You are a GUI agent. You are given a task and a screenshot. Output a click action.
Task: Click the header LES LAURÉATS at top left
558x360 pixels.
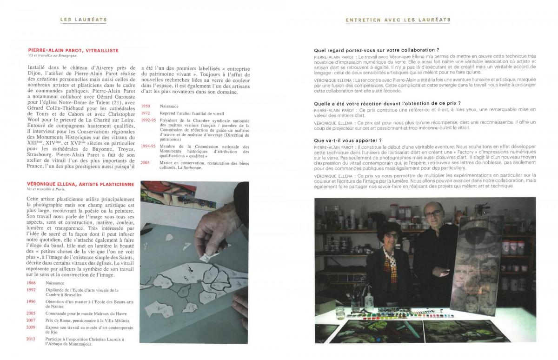pos(84,20)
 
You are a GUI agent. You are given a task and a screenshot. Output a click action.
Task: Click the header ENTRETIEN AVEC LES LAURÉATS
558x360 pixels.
pos(398,20)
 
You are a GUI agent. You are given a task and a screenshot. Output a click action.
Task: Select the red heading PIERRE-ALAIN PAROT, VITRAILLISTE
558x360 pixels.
pos(73,50)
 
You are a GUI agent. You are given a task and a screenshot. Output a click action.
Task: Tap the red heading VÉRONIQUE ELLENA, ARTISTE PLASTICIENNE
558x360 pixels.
pos(81,184)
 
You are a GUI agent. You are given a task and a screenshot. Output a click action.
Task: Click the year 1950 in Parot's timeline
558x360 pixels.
pos(146,107)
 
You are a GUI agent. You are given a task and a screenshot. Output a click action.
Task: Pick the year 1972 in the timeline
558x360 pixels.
pos(146,113)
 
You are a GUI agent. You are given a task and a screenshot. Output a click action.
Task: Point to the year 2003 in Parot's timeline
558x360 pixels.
pos(146,162)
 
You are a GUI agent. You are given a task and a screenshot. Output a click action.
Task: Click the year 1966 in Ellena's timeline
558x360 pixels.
pos(31,283)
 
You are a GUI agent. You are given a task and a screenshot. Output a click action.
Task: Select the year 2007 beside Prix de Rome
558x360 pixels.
pos(31,320)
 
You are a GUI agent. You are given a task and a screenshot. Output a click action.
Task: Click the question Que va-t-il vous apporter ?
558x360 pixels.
pos(348,140)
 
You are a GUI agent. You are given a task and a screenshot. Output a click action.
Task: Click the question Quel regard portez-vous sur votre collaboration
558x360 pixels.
pos(377,50)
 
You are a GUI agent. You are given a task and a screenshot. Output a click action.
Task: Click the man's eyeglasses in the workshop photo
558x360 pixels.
pos(432,213)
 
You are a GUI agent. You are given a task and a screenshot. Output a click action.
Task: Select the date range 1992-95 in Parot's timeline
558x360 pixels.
pos(148,120)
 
